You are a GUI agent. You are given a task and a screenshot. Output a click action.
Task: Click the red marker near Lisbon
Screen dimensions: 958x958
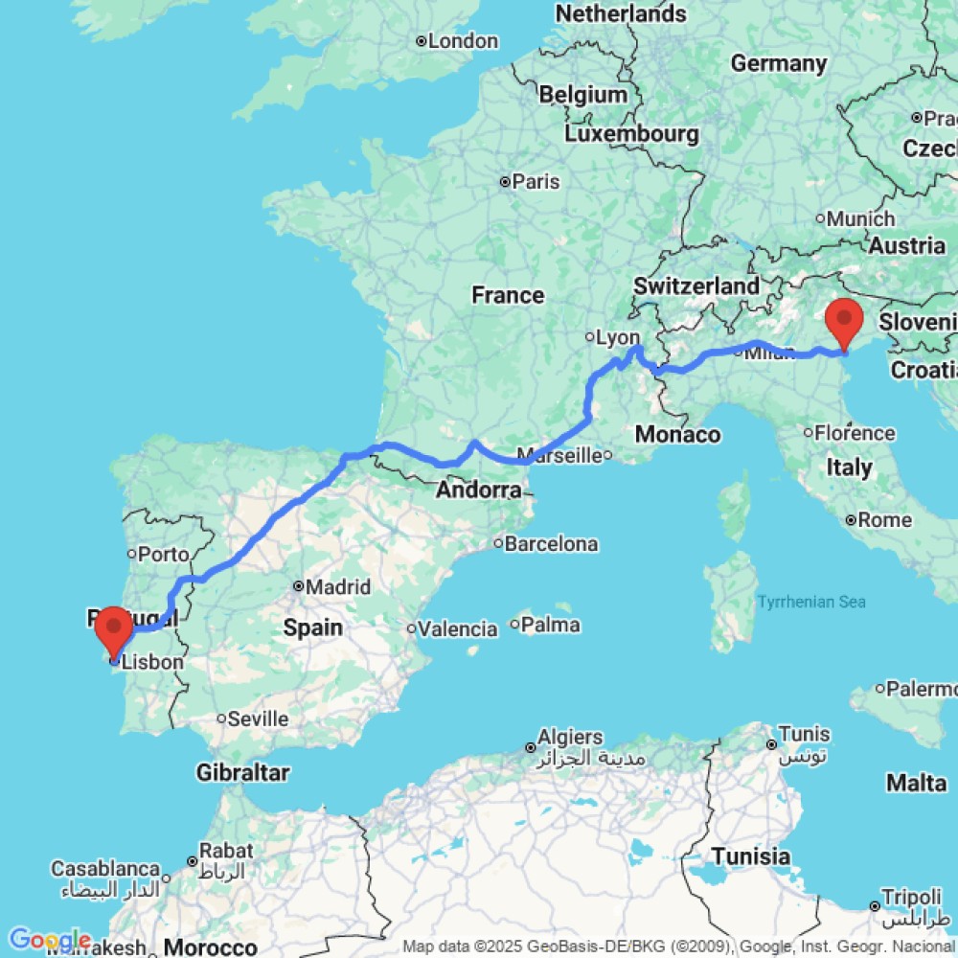[x=114, y=628]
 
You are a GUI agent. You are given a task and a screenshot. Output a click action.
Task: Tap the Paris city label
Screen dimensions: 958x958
[x=536, y=181]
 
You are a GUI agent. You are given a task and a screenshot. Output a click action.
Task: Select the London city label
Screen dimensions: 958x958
[x=463, y=41]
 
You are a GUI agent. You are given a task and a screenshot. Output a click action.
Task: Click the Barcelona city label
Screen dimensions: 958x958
[x=551, y=544]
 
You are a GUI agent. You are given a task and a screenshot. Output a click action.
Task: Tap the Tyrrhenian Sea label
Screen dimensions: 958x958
[x=811, y=602]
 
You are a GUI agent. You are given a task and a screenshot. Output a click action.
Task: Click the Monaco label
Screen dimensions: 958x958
[x=677, y=434]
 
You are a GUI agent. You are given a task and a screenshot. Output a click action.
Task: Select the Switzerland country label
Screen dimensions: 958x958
[x=696, y=285]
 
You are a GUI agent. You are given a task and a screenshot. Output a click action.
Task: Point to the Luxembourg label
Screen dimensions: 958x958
[x=631, y=133]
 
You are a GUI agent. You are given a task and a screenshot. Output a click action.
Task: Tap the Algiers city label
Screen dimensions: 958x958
[x=571, y=738]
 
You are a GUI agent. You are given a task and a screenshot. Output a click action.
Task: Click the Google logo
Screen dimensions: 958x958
[x=48, y=940]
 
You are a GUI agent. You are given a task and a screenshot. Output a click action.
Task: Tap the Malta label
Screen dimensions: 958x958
[x=916, y=783]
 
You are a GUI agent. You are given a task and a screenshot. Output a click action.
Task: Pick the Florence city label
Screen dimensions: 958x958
[x=856, y=433]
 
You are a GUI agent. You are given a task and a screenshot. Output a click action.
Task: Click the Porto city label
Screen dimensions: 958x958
[x=164, y=554]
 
